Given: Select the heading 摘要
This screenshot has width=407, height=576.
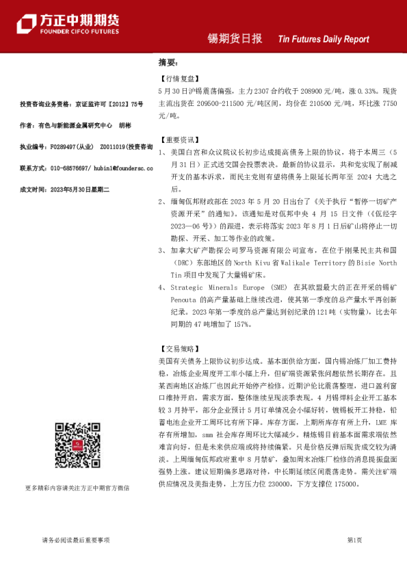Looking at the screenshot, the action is [x=168, y=62].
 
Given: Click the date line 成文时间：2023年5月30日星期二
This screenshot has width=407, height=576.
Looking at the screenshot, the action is [x=70, y=188].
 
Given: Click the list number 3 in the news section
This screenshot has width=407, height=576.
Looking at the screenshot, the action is [x=161, y=250].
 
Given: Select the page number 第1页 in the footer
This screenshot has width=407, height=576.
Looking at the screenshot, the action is [x=355, y=540].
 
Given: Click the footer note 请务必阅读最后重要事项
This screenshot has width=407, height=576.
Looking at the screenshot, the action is [x=75, y=540].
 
